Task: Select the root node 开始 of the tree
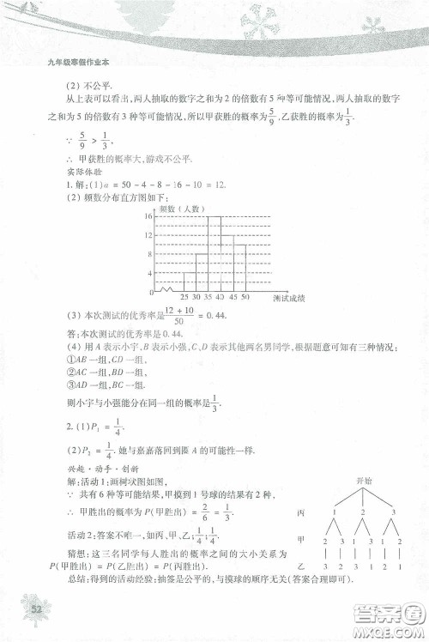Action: pyautogui.click(x=352, y=481)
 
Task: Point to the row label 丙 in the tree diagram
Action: pyautogui.click(x=299, y=512)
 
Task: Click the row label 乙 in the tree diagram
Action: pyautogui.click(x=299, y=568)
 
